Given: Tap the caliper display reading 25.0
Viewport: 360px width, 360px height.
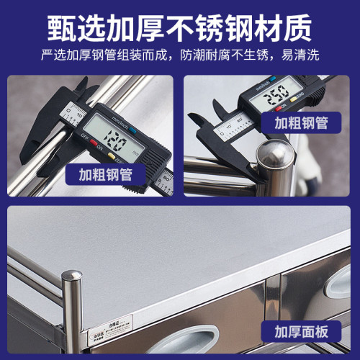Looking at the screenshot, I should point(274,94).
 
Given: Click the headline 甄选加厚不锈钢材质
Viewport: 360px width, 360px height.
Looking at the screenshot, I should point(180,27).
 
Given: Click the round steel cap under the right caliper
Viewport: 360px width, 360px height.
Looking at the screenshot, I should point(271,153).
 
